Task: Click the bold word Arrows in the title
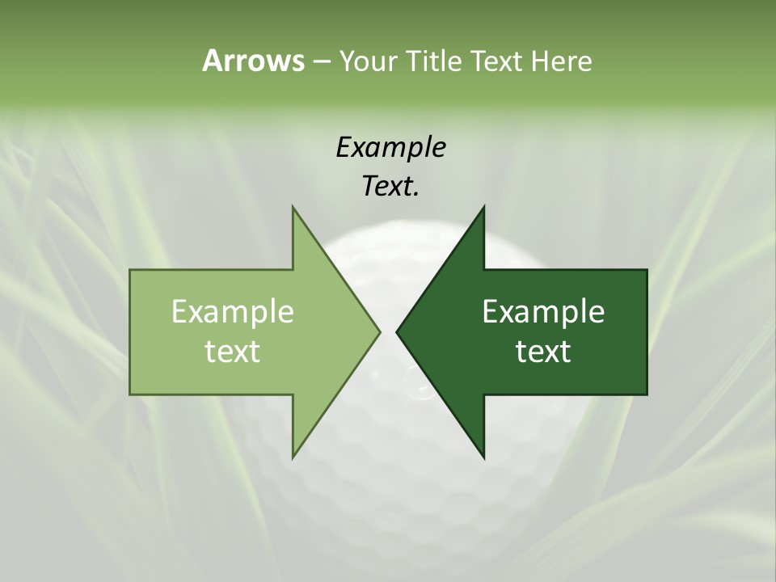(x=253, y=61)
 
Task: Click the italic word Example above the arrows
(x=390, y=147)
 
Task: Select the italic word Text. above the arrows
(x=390, y=186)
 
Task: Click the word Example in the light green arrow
(x=233, y=311)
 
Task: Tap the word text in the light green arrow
(x=233, y=351)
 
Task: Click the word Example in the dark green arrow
(x=543, y=311)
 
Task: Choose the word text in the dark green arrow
(x=543, y=351)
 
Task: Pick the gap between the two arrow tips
(x=388, y=331)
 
